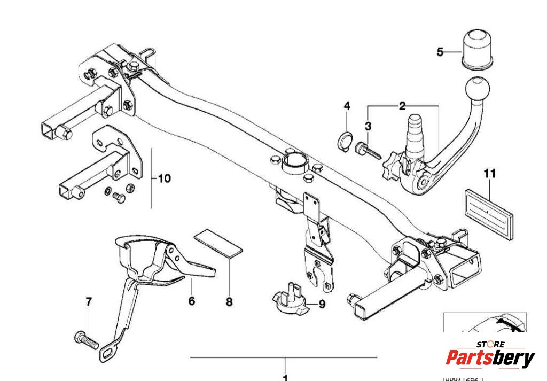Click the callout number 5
[x=440, y=52]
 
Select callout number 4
[x=347, y=106]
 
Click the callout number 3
[x=368, y=126]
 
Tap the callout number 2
[x=402, y=106]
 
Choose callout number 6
[x=192, y=301]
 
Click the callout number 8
[x=229, y=302]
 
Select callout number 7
[x=89, y=302]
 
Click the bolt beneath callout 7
[x=84, y=338]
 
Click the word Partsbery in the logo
[x=490, y=359]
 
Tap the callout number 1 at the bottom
[x=285, y=377]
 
